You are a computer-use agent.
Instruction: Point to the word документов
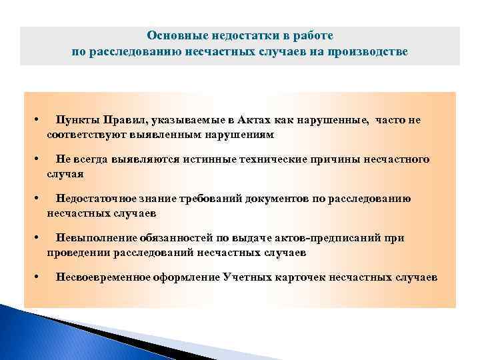[x=275, y=199]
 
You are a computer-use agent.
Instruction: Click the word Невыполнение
[x=97, y=238]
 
